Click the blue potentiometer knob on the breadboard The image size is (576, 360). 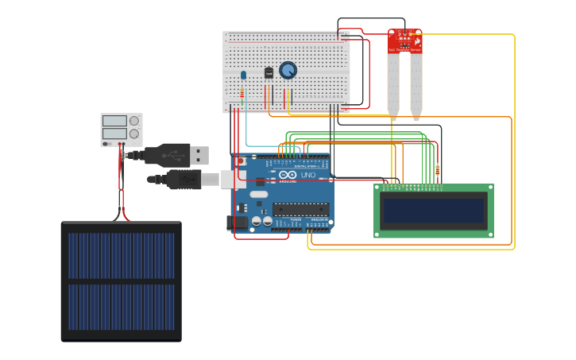click(x=288, y=71)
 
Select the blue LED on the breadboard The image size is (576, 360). click(x=243, y=75)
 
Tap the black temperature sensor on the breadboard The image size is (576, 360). click(x=269, y=72)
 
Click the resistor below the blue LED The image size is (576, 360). click(x=242, y=94)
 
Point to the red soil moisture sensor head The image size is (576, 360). click(x=404, y=41)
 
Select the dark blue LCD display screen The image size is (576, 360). click(x=433, y=211)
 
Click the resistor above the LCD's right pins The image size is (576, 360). click(x=438, y=170)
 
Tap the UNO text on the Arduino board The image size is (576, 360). click(x=307, y=175)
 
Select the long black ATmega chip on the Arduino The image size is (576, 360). click(x=301, y=210)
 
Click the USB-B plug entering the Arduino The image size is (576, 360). click(x=211, y=180)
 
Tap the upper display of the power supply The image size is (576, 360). click(x=114, y=121)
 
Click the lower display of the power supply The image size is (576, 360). click(x=114, y=134)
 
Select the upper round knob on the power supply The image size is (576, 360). click(x=134, y=121)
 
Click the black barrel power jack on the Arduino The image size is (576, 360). click(x=237, y=223)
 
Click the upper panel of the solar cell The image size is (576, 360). click(x=121, y=255)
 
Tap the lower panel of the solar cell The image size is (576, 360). click(x=121, y=308)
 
